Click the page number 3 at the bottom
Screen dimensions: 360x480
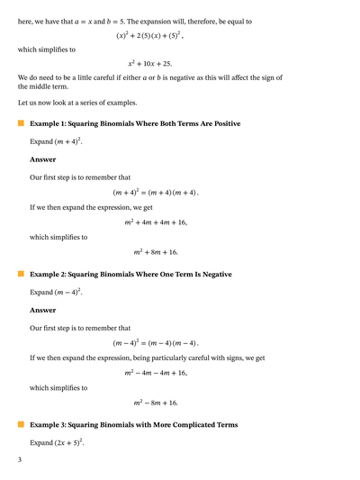20,459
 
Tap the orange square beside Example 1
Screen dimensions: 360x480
21,122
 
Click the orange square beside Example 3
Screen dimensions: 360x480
21,424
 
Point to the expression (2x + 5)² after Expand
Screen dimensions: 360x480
67,443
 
